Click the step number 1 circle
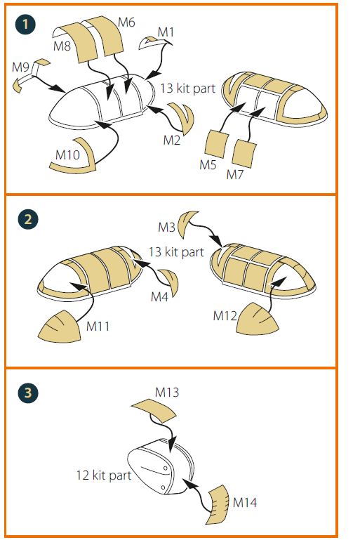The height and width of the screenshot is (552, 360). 25,24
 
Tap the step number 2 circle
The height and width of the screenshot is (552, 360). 28,219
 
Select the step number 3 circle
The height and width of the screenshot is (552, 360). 28,393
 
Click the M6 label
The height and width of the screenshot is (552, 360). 126,22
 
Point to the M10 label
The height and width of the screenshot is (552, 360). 67,155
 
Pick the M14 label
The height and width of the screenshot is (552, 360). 245,502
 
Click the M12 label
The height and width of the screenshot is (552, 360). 225,316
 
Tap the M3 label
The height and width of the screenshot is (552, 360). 166,228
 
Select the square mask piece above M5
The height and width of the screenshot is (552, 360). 216,144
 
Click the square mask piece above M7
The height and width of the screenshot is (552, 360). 244,154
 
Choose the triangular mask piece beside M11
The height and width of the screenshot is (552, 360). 60,327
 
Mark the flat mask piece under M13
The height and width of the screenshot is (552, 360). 154,410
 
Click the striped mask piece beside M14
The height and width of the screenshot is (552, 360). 218,504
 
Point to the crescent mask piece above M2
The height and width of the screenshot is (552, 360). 184,118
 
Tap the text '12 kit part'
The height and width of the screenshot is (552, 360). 104,475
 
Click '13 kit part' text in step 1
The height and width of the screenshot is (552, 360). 187,88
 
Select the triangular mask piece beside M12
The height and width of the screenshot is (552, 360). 258,319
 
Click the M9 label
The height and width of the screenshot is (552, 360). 20,67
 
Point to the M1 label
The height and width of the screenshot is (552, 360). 166,32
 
